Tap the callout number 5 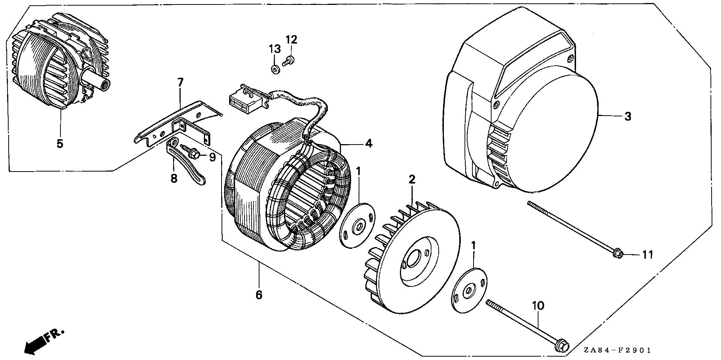pyautogui.click(x=60, y=143)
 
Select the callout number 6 pyautogui.click(x=259, y=295)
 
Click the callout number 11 pyautogui.click(x=647, y=255)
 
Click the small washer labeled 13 pyautogui.click(x=275, y=69)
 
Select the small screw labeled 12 pyautogui.click(x=289, y=60)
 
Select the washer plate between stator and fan pyautogui.click(x=357, y=225)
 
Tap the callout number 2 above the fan pyautogui.click(x=412, y=179)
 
